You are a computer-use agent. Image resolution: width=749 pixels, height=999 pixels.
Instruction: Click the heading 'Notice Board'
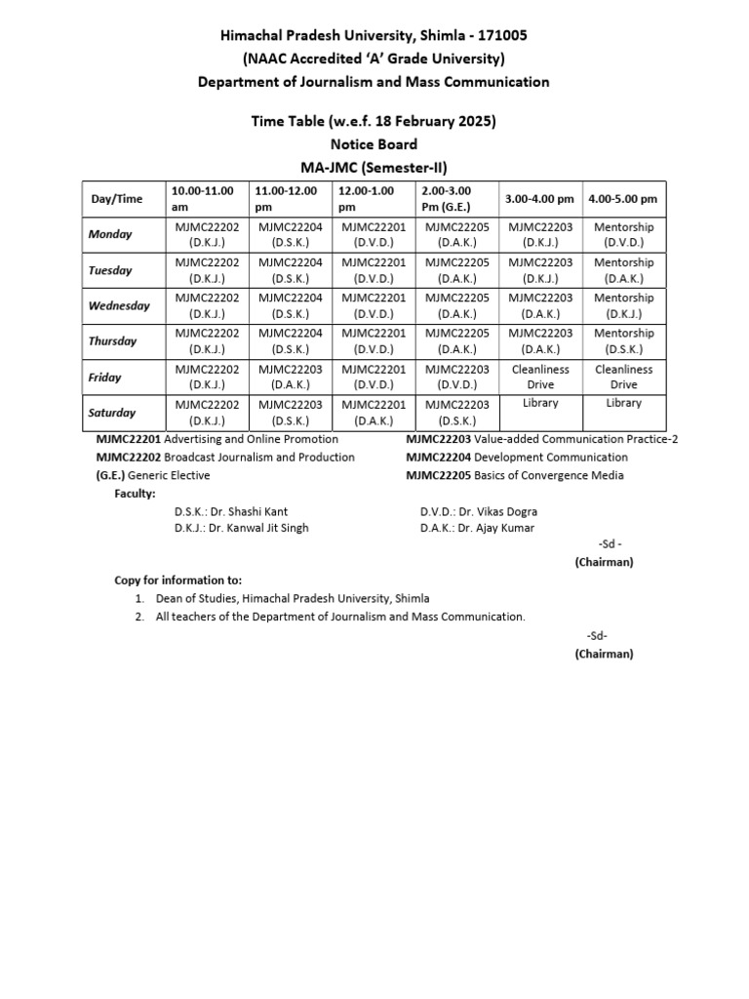coord(374,144)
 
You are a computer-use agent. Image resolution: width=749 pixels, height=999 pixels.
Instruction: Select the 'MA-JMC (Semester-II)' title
coord(374,166)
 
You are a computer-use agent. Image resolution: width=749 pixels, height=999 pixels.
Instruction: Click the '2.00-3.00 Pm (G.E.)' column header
coord(456,198)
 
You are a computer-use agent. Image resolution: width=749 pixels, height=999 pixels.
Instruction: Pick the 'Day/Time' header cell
coord(117,199)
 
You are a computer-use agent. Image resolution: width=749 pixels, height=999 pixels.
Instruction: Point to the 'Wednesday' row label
coord(119,305)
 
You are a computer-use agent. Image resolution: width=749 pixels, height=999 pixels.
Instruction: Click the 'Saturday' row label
coord(112,413)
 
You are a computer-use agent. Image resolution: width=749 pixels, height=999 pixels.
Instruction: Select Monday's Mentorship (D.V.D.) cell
coord(623,234)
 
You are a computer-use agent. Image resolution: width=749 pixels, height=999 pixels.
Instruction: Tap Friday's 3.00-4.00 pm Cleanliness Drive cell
coord(540,377)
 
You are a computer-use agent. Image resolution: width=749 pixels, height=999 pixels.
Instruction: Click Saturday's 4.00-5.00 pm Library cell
coord(623,403)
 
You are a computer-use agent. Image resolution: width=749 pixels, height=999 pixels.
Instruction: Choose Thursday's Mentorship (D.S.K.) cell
coord(623,340)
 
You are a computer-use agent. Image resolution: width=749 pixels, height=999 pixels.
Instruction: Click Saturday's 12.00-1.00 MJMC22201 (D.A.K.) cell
coord(374,413)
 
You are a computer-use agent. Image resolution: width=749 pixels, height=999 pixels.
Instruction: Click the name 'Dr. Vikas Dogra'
coord(499,511)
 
